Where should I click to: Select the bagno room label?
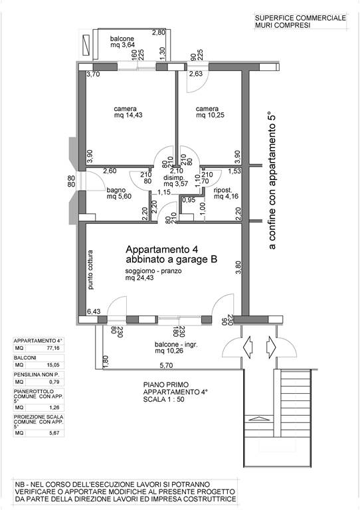pos(116,191)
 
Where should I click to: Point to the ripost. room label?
pos(223,191)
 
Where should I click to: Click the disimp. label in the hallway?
pos(174,178)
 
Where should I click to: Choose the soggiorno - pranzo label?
pos(153,271)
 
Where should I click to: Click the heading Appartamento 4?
pos(161,250)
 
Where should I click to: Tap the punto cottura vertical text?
pos(90,270)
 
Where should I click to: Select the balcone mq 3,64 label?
pos(122,42)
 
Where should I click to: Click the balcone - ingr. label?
pos(176,345)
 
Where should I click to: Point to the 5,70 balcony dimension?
pos(166,366)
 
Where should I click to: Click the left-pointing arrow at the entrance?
pos(248,347)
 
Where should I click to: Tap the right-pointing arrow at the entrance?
pos(271,347)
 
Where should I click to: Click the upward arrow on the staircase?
pos(259,418)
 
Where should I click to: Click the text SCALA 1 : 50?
pos(163,399)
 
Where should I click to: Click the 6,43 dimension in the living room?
pos(94,311)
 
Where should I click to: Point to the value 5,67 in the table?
pos(54,433)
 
